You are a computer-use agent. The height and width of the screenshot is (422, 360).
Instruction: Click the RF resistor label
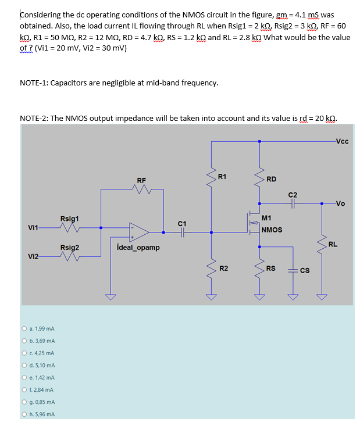(x=141, y=180)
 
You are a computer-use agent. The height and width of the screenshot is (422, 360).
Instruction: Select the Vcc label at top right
(x=342, y=140)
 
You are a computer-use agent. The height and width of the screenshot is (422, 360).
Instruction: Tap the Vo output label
(x=340, y=203)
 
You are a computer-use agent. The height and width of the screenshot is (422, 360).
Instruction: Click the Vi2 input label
(x=34, y=256)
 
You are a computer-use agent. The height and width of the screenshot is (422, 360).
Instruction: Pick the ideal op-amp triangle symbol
(x=139, y=231)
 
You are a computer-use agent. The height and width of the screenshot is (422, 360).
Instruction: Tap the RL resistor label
(x=333, y=244)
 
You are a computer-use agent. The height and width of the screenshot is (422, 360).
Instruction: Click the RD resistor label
(x=271, y=179)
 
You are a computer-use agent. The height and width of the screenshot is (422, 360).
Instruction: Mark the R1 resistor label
(x=222, y=176)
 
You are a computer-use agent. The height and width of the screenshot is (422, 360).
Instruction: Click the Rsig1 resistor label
(x=69, y=219)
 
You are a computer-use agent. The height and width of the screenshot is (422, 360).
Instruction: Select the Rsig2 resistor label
(x=69, y=248)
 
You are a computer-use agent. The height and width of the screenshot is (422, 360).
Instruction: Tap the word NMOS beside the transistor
(x=272, y=230)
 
